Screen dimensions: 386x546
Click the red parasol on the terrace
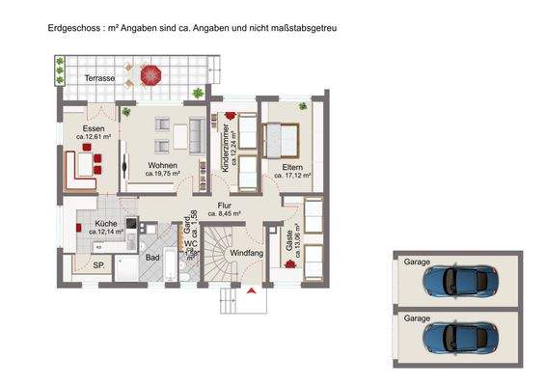[x=150, y=72]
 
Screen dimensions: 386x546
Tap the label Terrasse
[x=99, y=76]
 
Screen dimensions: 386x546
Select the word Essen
[x=94, y=128]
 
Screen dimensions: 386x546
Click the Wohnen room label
[x=163, y=165]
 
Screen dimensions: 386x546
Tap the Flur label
[x=224, y=205]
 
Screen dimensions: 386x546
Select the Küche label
[x=106, y=223]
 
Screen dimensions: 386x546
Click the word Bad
[x=152, y=257]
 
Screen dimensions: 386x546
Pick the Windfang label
[x=246, y=254]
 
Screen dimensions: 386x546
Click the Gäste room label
[x=289, y=237]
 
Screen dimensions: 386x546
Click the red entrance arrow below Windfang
[x=251, y=289]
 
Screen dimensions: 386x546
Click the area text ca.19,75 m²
[x=164, y=176]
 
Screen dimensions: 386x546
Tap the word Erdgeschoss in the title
[x=71, y=30]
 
